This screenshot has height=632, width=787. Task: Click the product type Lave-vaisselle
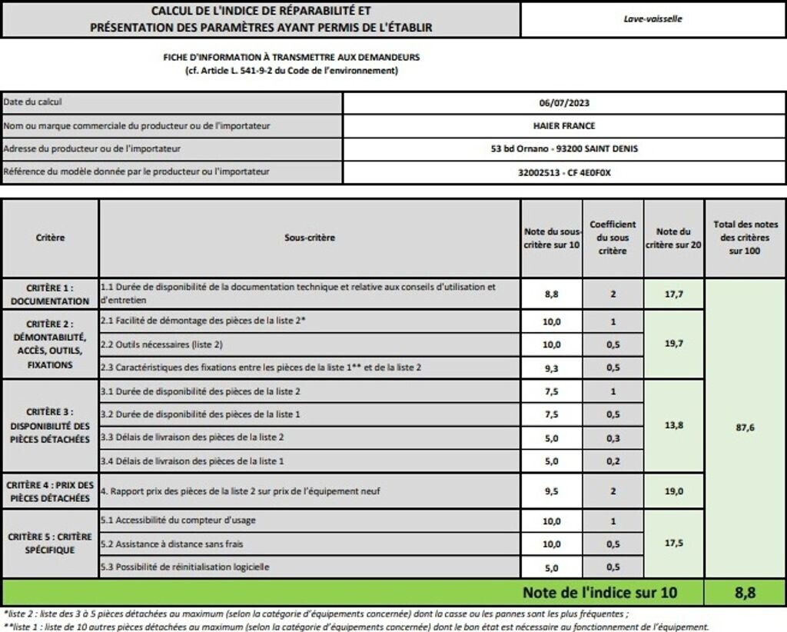point(653,18)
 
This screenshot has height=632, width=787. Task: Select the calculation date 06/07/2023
point(564,102)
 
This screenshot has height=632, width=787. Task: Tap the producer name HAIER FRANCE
point(564,125)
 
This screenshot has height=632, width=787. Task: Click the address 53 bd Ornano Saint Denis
point(564,148)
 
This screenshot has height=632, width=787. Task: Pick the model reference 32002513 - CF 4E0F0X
point(564,172)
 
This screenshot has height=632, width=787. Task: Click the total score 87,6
point(745,427)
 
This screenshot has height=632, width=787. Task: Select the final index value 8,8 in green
point(745,592)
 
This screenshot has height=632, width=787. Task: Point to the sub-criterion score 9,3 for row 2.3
point(551,368)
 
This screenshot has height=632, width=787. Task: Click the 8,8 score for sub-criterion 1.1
point(551,293)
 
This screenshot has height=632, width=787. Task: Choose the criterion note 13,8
point(674,424)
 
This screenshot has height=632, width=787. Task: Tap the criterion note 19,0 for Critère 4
point(674,491)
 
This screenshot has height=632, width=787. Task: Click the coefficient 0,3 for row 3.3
point(613,437)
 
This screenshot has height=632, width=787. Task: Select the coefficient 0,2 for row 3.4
point(613,461)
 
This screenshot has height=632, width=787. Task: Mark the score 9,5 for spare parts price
point(551,491)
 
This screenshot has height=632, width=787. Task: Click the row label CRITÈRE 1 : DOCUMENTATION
point(50,293)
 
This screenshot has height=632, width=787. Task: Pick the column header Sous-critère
point(310,238)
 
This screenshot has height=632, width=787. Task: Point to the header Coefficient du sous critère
point(613,238)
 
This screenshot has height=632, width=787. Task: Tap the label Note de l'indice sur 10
point(600,592)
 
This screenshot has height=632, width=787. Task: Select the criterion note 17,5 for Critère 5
point(674,543)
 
